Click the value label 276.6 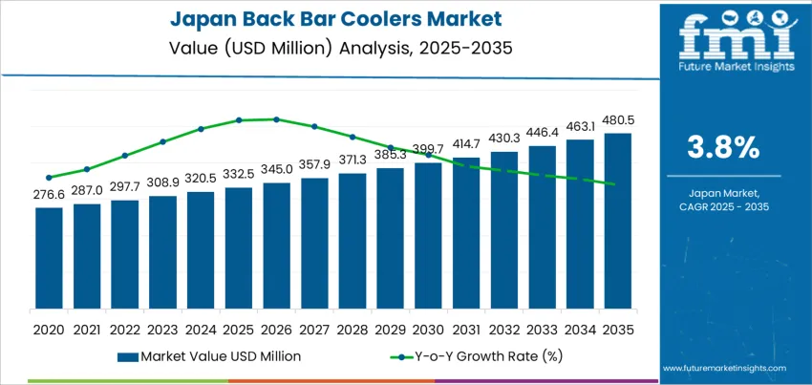[x=49, y=194]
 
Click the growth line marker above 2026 [x=276, y=119]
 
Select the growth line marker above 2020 [x=49, y=177]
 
